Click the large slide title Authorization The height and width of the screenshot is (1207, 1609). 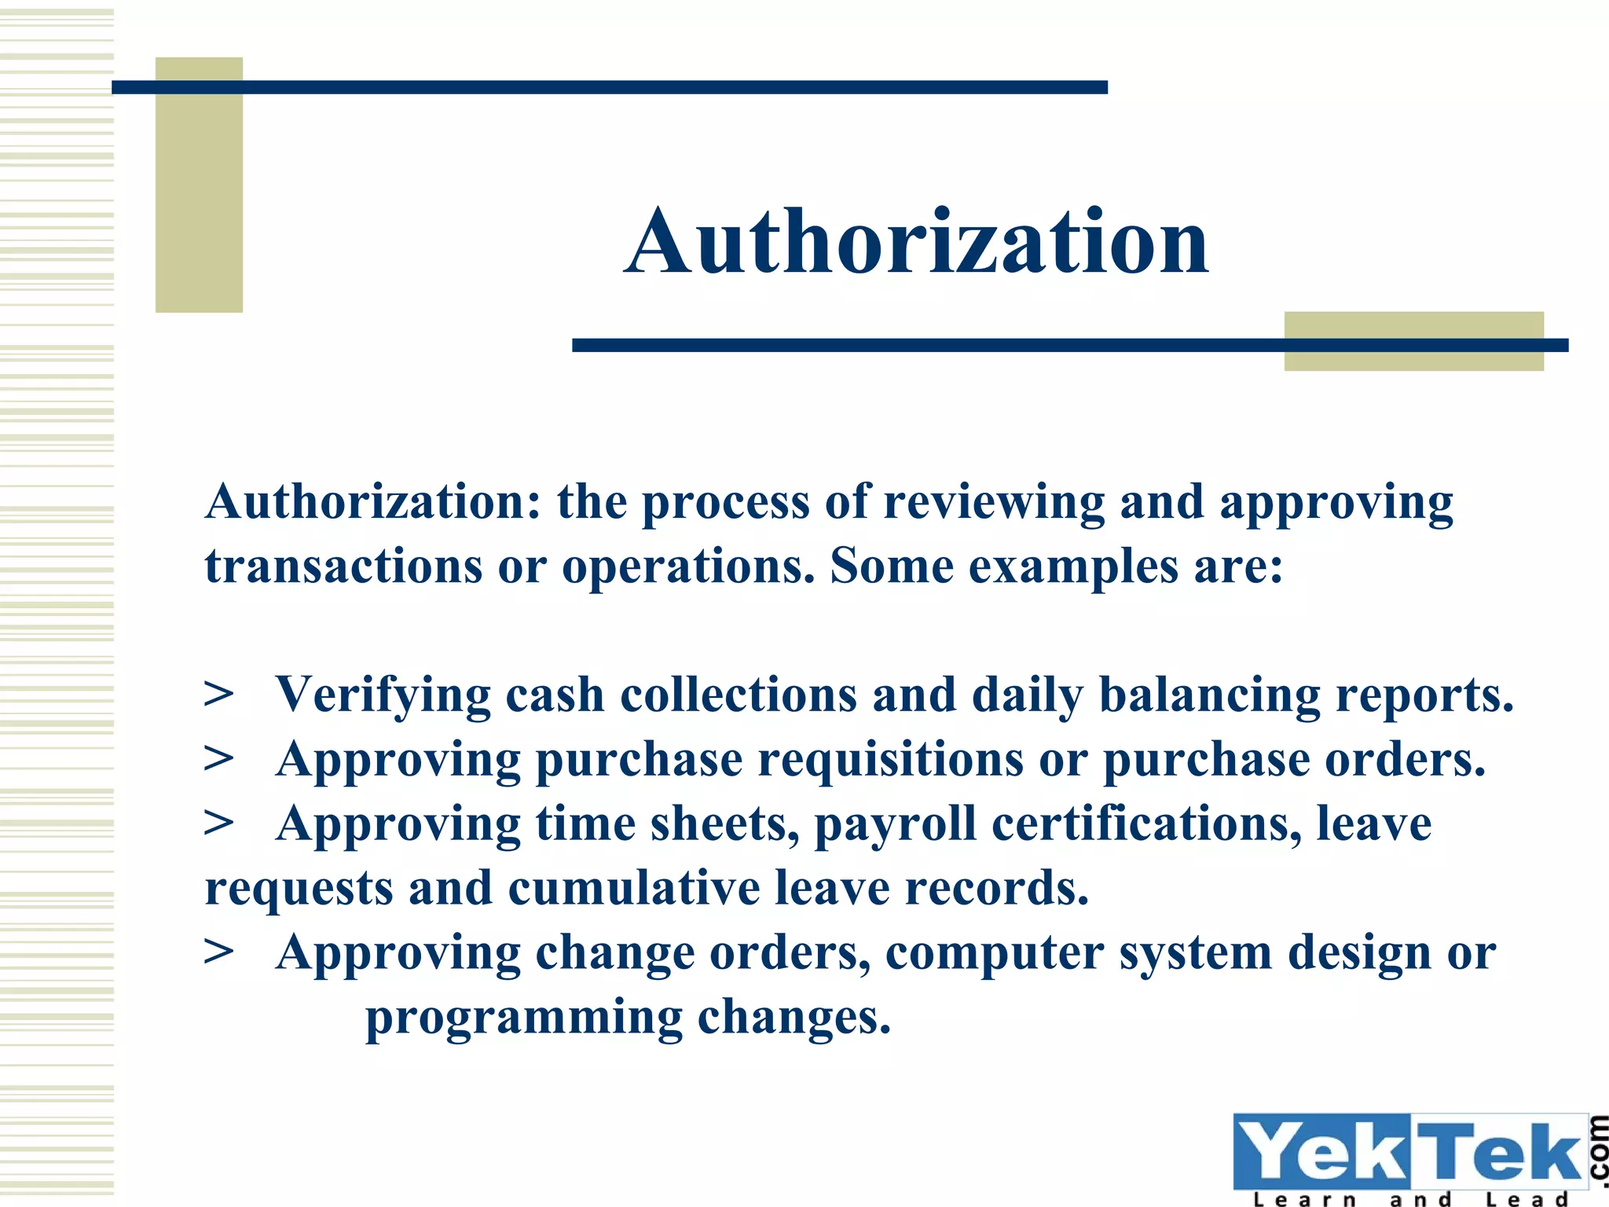point(916,242)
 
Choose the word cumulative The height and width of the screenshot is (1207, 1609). point(633,889)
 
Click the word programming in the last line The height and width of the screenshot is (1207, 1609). point(524,1018)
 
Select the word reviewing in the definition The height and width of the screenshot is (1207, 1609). point(993,503)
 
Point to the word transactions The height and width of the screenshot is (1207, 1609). point(343,567)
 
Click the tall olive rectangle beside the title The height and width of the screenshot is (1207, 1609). point(199,185)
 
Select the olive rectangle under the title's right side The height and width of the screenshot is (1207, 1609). point(1413,341)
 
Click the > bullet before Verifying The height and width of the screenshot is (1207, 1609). point(218,695)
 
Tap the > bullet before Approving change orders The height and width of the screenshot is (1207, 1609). point(218,952)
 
